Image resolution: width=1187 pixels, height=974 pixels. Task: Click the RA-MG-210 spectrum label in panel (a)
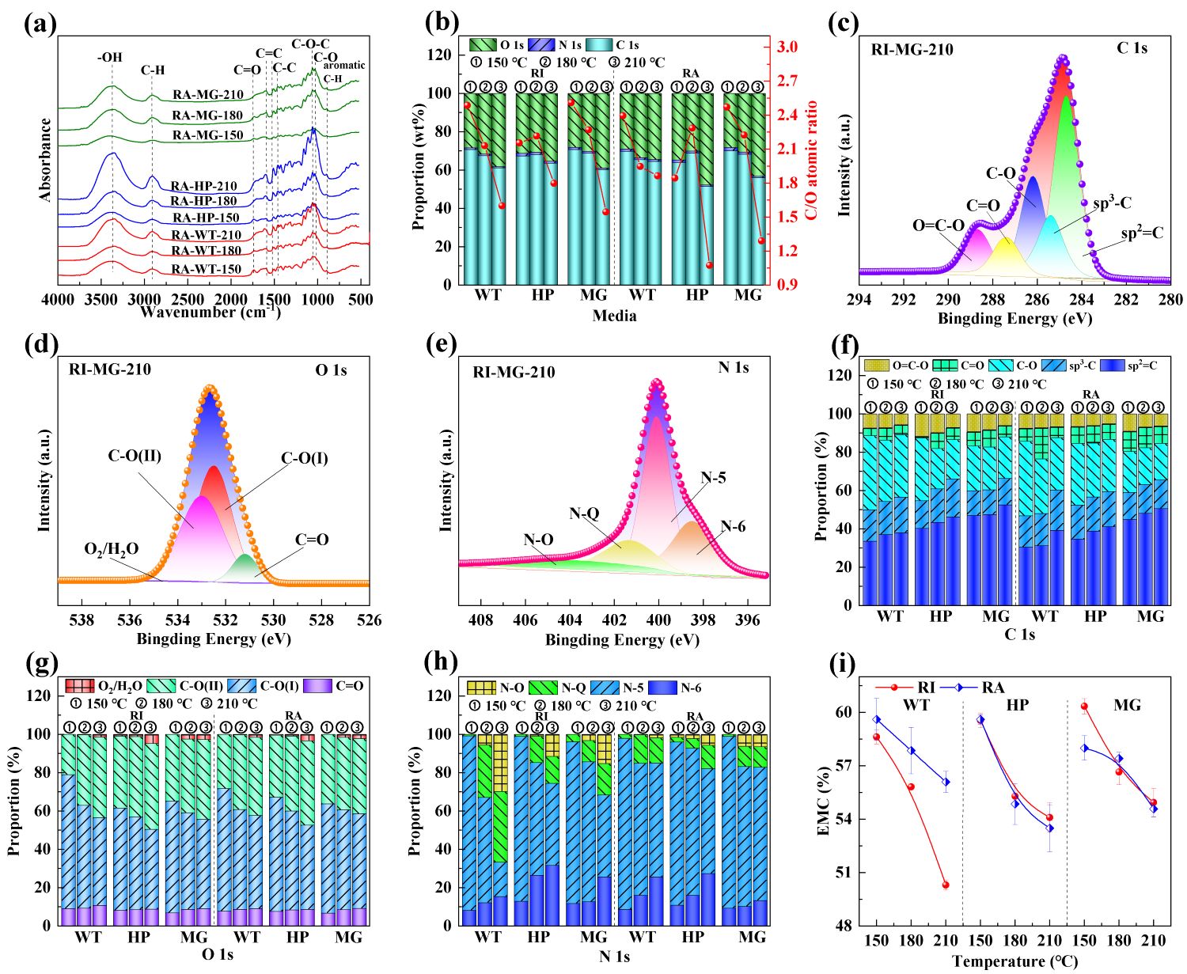click(x=208, y=95)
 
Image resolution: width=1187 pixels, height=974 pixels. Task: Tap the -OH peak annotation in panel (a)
click(x=110, y=57)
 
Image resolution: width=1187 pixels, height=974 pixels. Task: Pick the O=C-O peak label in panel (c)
click(x=939, y=225)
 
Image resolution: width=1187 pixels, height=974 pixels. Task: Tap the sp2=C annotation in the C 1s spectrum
click(x=1143, y=233)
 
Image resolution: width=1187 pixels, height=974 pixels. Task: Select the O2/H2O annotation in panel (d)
click(x=112, y=548)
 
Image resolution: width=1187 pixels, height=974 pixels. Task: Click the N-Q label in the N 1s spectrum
click(x=585, y=514)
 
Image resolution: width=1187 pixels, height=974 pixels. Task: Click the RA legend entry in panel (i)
click(x=980, y=688)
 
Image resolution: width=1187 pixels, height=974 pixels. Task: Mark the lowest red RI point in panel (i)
click(x=945, y=885)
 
